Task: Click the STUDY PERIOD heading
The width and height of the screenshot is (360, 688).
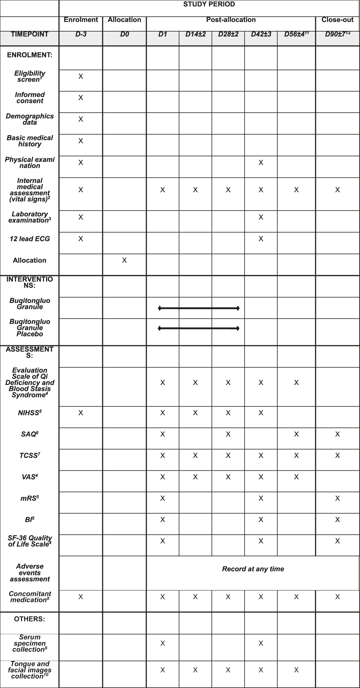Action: tap(209, 4)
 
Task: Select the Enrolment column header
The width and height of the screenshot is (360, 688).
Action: tap(81, 20)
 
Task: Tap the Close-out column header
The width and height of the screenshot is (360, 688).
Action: tap(337, 20)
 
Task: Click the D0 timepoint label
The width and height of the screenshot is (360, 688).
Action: tap(124, 35)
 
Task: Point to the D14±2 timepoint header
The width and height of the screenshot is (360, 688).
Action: tap(195, 35)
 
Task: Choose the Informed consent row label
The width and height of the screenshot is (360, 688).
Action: tap(30, 98)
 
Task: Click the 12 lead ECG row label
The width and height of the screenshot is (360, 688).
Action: tap(30, 239)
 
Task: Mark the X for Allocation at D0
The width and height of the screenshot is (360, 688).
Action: tap(124, 260)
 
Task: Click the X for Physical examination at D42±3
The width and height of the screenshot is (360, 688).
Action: tap(261, 162)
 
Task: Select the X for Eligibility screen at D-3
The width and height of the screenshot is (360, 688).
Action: tap(81, 76)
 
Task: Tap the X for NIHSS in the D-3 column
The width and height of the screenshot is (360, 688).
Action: tap(81, 413)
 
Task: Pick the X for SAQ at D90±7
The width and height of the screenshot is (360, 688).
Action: tap(337, 434)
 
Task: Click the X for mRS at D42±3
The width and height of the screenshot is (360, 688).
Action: tap(261, 498)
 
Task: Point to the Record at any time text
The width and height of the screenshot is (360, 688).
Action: tap(253, 569)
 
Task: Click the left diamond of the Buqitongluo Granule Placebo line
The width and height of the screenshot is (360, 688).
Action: tap(159, 328)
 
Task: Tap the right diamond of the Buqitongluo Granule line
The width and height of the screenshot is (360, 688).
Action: tap(238, 308)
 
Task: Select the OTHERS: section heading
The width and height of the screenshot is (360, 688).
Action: tap(30, 619)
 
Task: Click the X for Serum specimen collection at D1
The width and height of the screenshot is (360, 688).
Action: tap(163, 643)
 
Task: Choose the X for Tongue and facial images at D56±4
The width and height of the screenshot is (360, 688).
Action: tap(296, 670)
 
